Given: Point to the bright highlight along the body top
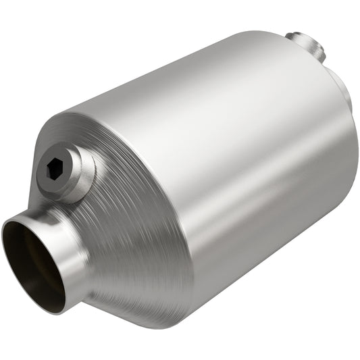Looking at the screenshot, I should (203, 74).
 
